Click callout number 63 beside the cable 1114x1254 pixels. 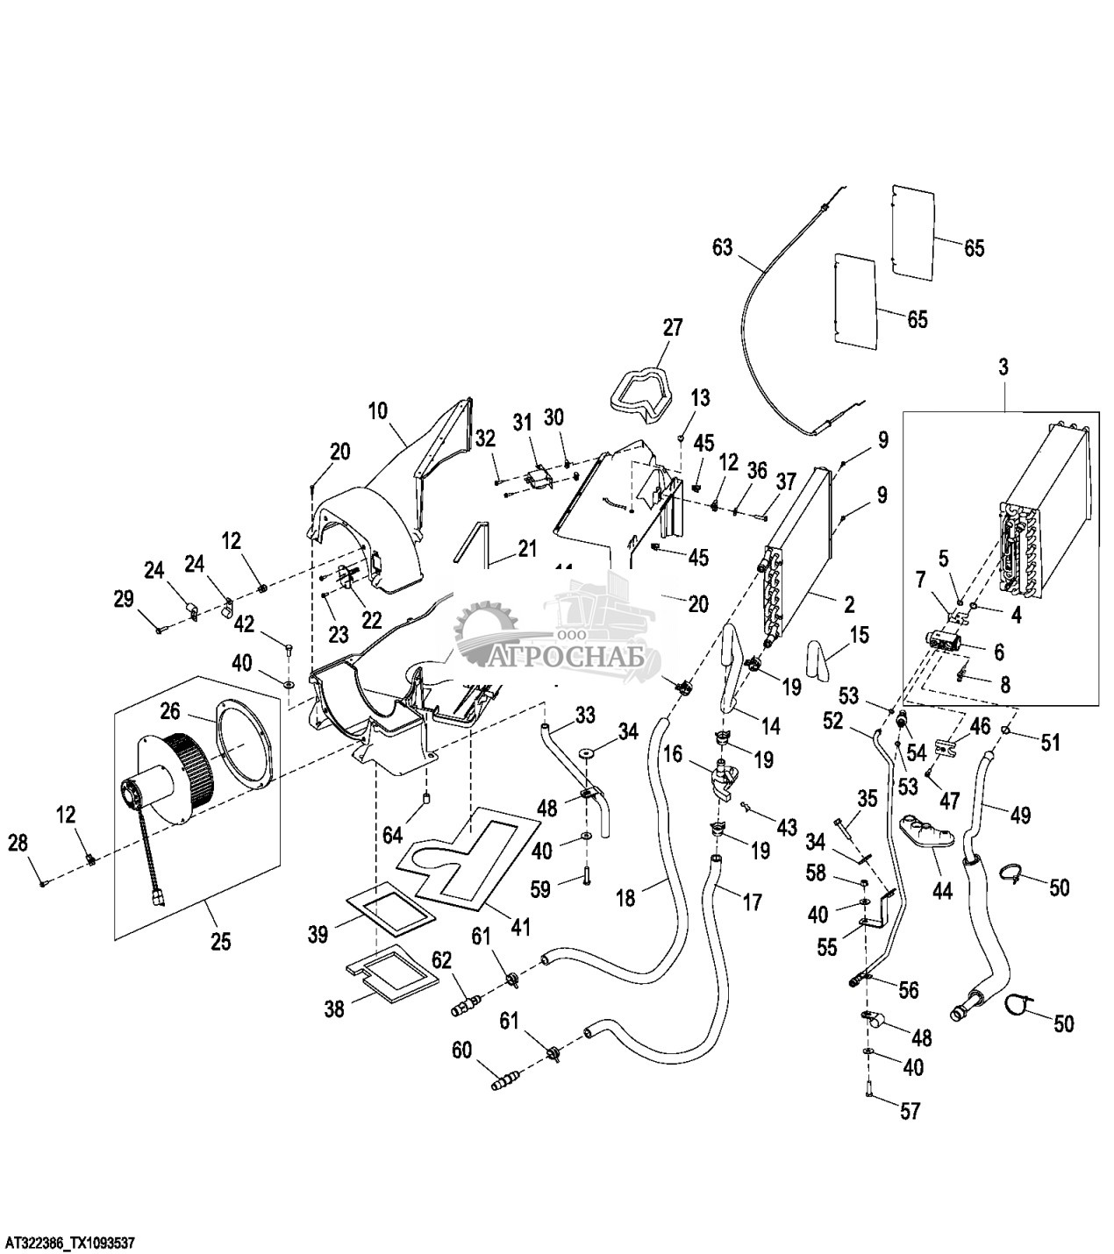tap(723, 247)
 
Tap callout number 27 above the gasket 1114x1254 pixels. tap(672, 328)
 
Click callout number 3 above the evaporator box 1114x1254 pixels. tap(1003, 367)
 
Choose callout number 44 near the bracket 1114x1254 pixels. tap(942, 891)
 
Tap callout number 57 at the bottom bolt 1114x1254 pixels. tap(910, 1112)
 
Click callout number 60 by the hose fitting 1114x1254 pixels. tap(462, 1049)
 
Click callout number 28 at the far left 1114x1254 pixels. tap(18, 843)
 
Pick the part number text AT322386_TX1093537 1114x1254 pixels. tap(70, 1243)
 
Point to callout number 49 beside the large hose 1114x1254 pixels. tap(1018, 815)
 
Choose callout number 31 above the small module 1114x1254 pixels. tap(523, 422)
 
